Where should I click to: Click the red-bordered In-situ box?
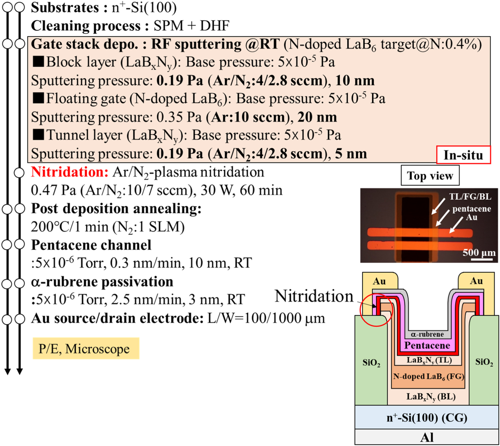(463, 155)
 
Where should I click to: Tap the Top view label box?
(430, 176)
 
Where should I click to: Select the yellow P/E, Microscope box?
(86, 349)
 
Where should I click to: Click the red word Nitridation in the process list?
(70, 172)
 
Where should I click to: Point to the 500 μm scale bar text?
(479, 253)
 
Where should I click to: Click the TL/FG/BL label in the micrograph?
(470, 197)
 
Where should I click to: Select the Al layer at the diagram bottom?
(427, 437)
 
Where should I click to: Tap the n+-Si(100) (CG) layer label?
(427, 417)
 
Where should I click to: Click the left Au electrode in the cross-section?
(379, 281)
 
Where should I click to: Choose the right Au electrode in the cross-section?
(476, 281)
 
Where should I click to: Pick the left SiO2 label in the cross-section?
(371, 363)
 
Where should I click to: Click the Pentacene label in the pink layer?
(427, 345)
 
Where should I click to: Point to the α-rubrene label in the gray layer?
(427, 334)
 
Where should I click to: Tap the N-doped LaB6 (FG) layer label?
(428, 377)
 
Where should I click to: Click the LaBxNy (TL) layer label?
(429, 360)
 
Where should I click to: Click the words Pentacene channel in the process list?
(91, 245)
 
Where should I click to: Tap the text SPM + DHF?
(191, 26)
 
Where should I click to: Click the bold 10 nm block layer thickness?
(355, 81)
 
